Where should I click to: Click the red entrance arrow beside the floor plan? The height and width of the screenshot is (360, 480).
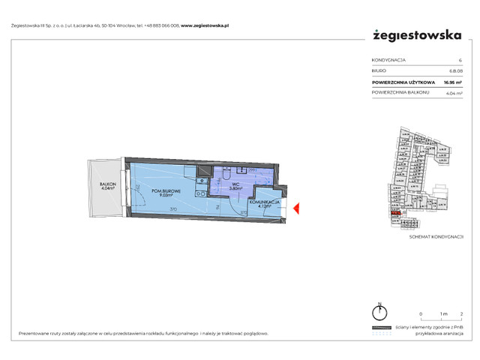296,208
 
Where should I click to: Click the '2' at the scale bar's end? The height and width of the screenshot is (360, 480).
460,313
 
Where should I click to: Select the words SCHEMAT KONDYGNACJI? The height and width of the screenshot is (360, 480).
435,236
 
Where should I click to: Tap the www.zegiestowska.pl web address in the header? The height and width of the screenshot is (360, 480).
205,25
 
